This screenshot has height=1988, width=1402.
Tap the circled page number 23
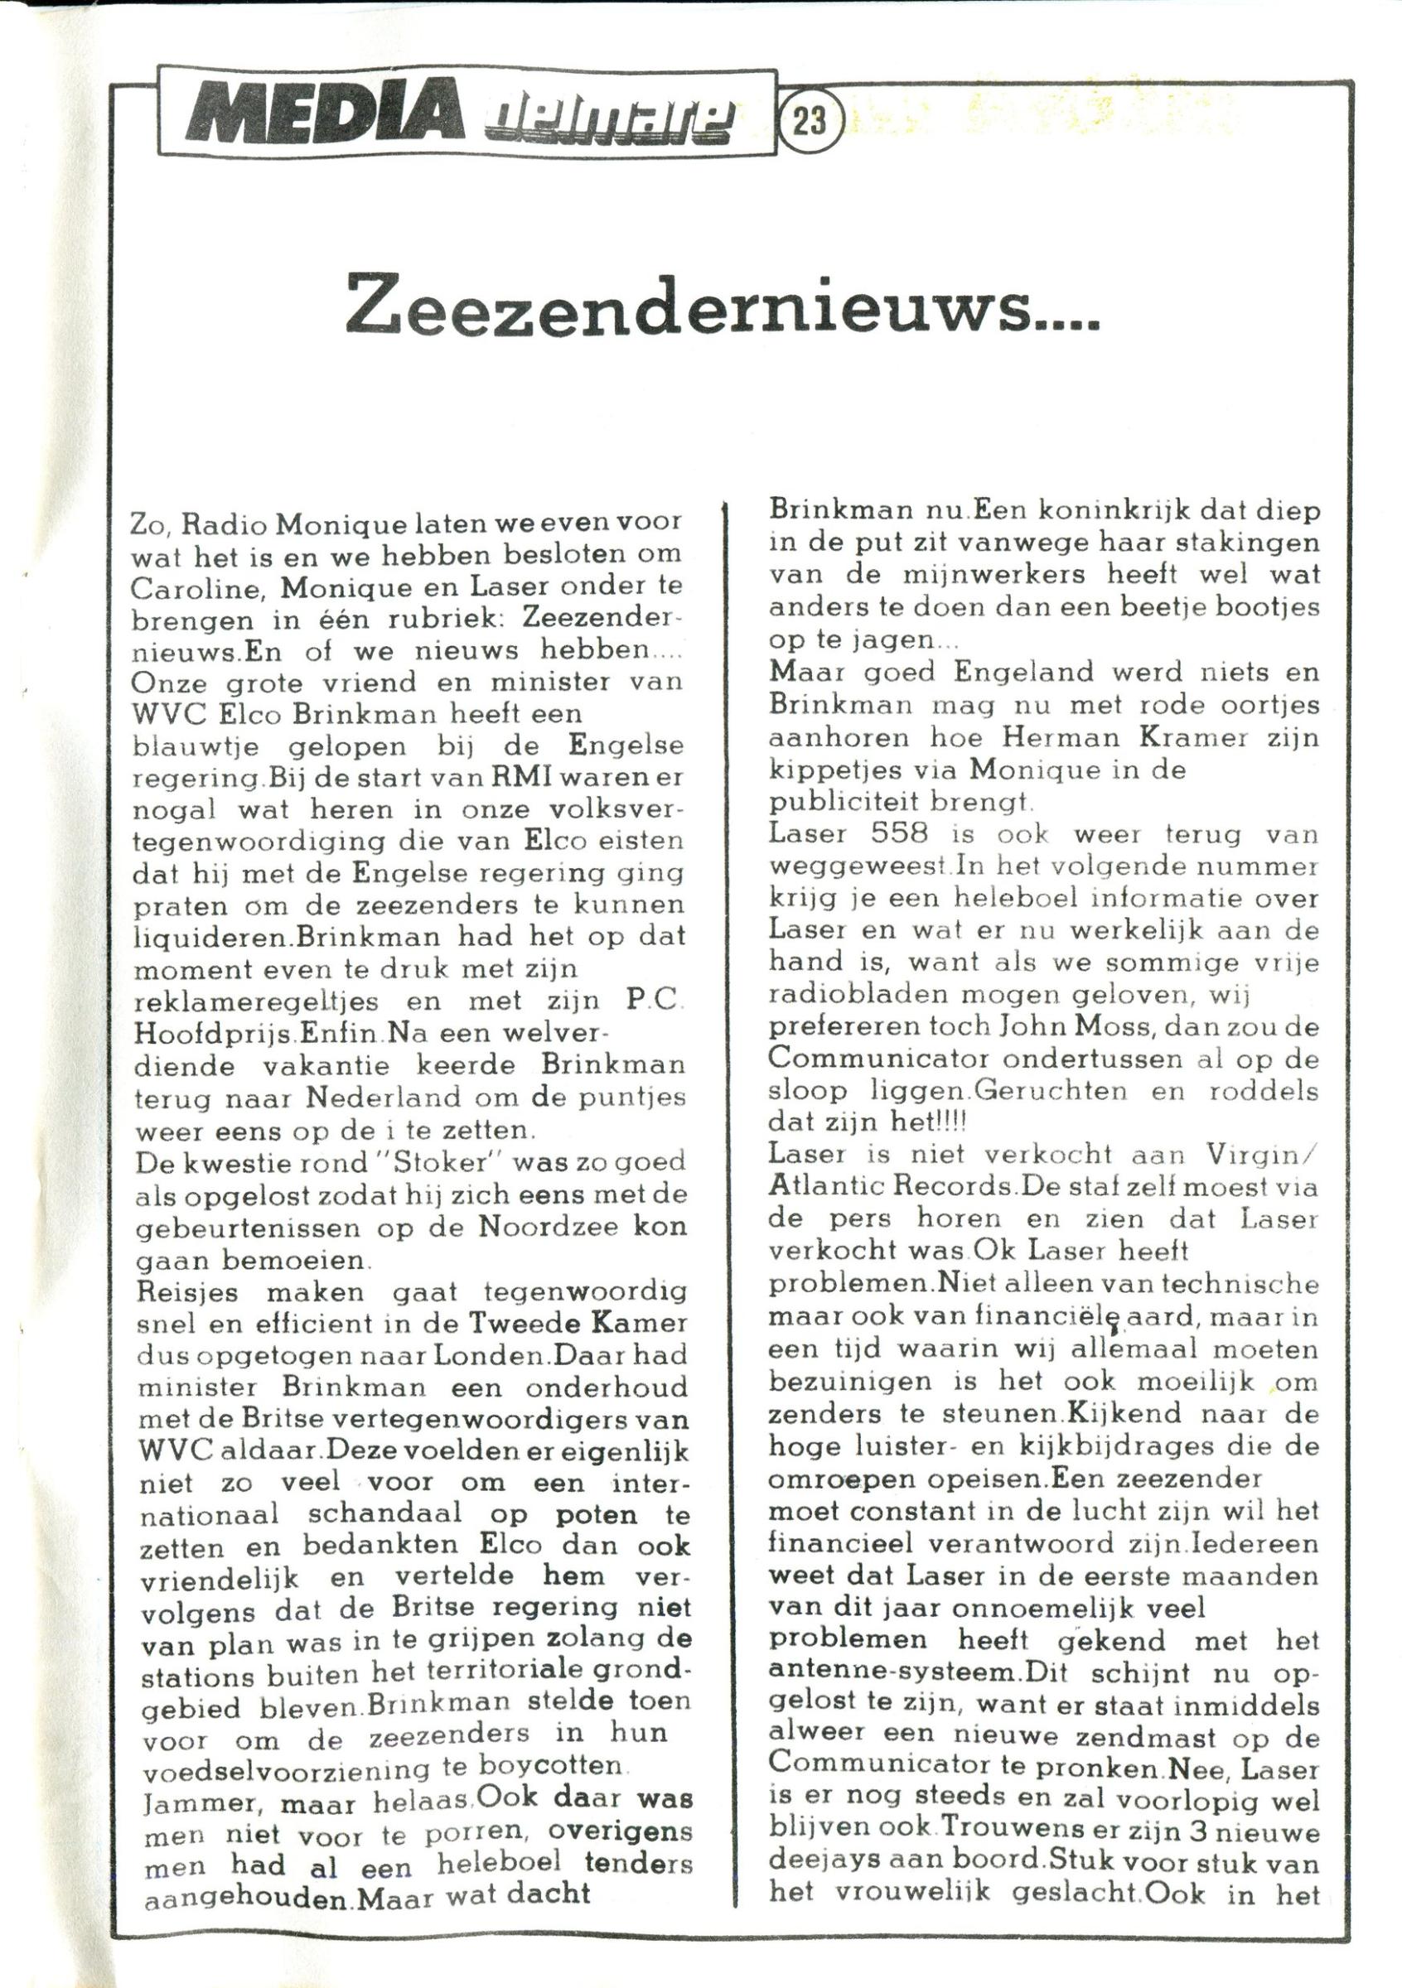808,122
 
